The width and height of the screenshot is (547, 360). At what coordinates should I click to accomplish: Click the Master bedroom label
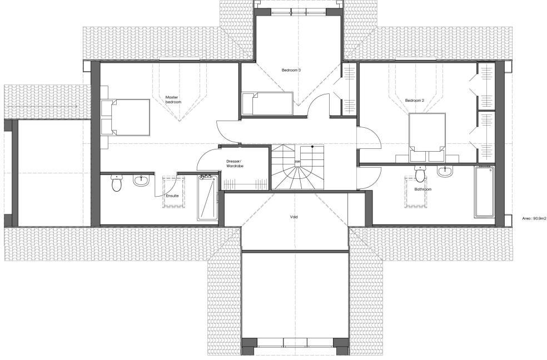[173, 100]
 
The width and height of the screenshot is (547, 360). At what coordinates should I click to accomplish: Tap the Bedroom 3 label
[291, 70]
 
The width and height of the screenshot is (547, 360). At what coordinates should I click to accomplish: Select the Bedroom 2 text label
[414, 101]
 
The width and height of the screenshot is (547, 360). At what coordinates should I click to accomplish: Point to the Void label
[294, 217]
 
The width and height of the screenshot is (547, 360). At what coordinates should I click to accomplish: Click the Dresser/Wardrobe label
[235, 164]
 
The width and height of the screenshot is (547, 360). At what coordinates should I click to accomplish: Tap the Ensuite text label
[172, 196]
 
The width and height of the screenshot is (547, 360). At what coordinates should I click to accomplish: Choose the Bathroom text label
[422, 189]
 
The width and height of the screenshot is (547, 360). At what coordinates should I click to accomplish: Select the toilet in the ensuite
[116, 183]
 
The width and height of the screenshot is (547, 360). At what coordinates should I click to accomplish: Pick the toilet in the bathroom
[421, 174]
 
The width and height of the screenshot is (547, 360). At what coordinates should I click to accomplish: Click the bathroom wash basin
[445, 172]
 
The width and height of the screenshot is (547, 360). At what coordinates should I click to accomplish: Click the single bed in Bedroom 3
[267, 104]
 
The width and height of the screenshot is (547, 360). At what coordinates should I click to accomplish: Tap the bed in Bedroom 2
[427, 132]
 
